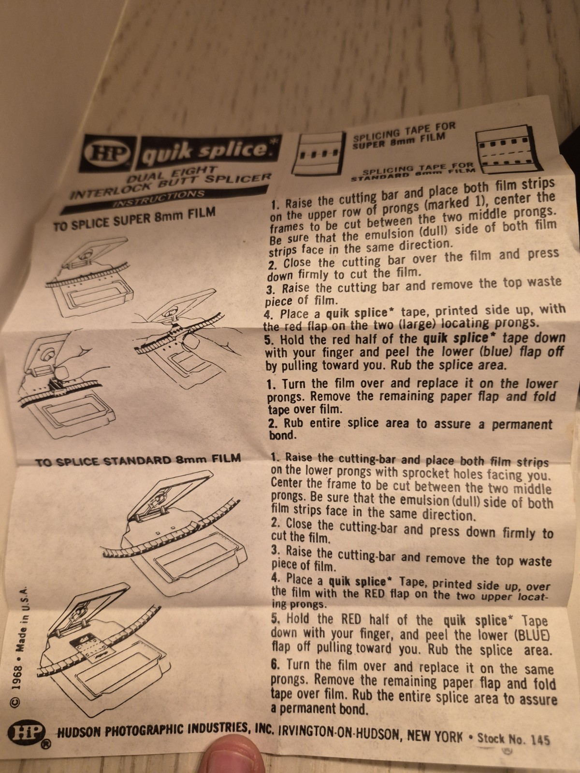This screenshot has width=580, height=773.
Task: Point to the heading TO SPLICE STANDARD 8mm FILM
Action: (x=138, y=458)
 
